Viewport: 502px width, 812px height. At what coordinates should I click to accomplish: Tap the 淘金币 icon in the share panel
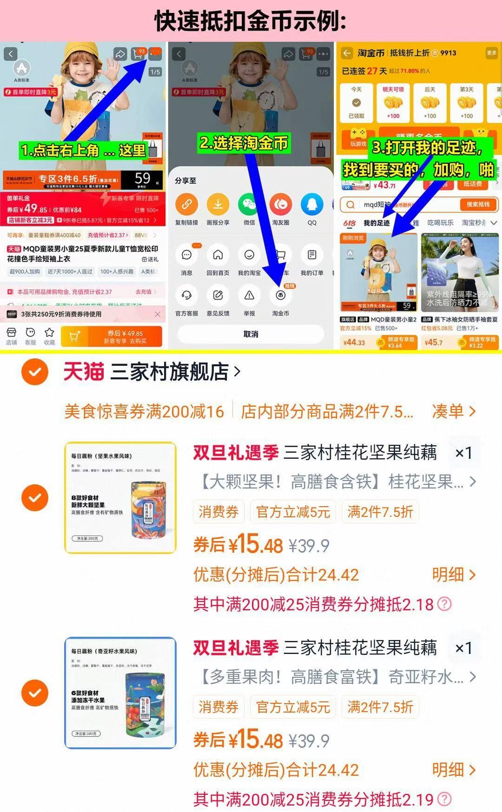(x=280, y=296)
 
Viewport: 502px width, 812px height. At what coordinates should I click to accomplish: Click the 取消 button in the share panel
(x=251, y=334)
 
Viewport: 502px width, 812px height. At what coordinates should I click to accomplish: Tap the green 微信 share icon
(x=250, y=205)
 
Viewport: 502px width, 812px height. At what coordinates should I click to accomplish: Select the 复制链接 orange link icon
(x=186, y=205)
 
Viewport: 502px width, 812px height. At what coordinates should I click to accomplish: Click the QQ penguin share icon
(x=312, y=205)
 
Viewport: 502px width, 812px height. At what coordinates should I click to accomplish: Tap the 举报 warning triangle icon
(x=250, y=296)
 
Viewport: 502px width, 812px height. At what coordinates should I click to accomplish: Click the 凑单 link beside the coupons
(x=453, y=411)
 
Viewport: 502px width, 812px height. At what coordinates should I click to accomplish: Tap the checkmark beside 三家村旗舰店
(x=35, y=372)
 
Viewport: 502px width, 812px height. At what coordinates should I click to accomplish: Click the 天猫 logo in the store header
(x=84, y=372)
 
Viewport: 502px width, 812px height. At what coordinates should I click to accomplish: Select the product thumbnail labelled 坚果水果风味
(x=120, y=498)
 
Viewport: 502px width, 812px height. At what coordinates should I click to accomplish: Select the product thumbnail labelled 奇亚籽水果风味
(x=120, y=693)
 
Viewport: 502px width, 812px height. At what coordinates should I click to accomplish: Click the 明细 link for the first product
(x=453, y=575)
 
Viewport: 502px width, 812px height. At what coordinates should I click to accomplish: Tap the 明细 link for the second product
(x=453, y=770)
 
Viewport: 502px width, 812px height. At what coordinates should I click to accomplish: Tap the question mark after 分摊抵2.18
(x=445, y=604)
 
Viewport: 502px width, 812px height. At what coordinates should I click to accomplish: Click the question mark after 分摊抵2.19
(x=445, y=799)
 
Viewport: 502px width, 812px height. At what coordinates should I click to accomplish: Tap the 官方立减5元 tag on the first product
(x=293, y=512)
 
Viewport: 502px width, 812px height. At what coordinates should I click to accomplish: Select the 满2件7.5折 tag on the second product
(x=380, y=707)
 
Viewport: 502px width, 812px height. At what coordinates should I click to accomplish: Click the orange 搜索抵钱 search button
(x=478, y=205)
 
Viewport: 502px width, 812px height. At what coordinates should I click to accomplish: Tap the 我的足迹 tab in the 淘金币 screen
(x=376, y=223)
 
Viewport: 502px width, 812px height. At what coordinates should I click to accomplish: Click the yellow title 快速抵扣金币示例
(x=251, y=21)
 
